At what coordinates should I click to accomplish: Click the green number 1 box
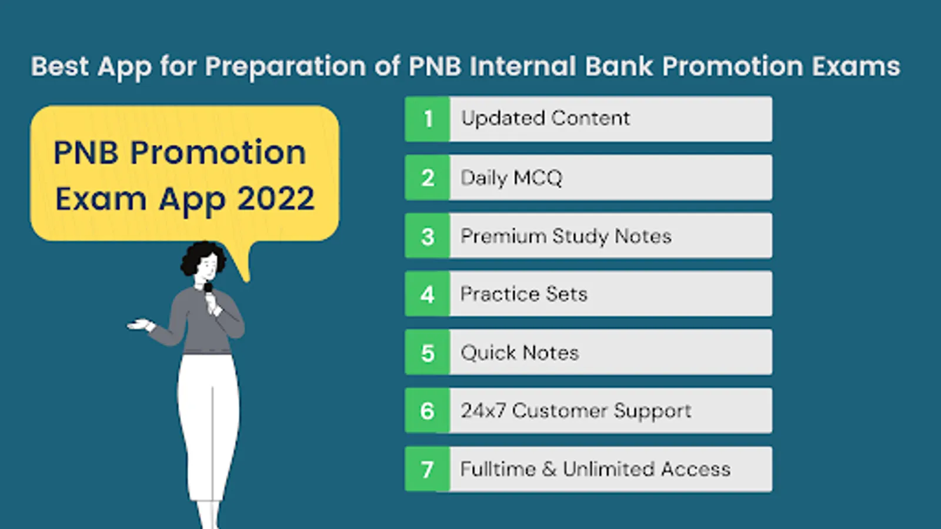427,119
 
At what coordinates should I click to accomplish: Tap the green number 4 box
427,294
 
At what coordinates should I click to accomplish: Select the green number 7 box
427,469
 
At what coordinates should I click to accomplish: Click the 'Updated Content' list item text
545,118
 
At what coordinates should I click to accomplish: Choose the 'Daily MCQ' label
511,178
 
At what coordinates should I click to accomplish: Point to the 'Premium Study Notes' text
566,236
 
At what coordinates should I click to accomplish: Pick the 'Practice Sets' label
523,294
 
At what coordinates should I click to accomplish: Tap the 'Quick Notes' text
520,353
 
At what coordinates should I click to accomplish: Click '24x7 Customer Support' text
576,411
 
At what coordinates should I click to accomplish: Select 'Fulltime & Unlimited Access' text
595,469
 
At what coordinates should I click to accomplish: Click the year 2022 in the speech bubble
276,198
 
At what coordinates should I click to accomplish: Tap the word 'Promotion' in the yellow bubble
218,152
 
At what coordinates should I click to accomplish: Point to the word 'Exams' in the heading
856,66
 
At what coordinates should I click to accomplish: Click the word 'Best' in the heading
59,66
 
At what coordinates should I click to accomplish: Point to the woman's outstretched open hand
141,325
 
